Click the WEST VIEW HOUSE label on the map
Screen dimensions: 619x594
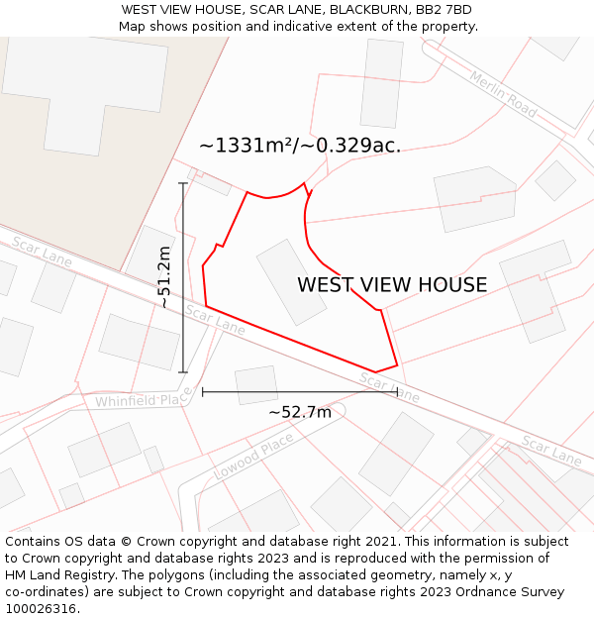392,285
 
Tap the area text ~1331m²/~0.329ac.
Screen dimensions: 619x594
299,146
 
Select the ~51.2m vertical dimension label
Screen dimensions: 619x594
164,277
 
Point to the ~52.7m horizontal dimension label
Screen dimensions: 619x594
299,412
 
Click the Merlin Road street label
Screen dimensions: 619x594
503,95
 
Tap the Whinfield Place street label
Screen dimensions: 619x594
143,399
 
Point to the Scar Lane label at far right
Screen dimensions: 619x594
551,451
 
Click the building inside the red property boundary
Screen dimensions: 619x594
291,282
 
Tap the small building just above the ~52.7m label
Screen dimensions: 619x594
256,385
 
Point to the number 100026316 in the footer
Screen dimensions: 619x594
41,609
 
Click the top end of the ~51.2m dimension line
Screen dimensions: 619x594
183,183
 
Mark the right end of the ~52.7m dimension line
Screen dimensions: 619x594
397,392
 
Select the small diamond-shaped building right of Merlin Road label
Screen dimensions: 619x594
554,180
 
